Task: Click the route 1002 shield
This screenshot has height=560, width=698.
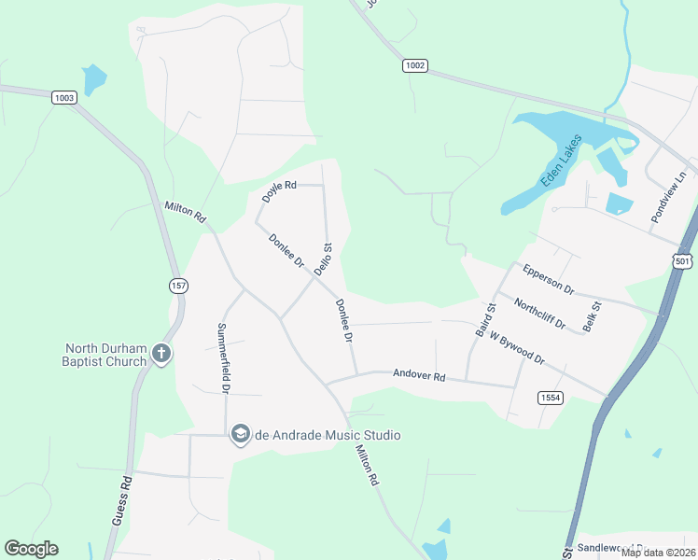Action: [415, 65]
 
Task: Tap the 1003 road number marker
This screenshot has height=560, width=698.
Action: [64, 97]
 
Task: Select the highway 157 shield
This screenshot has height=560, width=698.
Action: [177, 285]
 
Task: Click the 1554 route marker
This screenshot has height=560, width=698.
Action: [551, 398]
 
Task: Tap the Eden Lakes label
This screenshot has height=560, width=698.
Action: [561, 161]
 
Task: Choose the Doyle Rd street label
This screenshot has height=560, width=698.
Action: [278, 190]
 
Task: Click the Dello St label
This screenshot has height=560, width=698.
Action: [323, 259]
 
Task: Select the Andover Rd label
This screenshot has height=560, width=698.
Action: [419, 375]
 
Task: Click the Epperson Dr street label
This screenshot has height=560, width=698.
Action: [549, 278]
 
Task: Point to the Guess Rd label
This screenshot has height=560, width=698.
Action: [121, 501]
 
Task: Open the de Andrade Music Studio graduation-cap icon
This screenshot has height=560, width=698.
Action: [240, 435]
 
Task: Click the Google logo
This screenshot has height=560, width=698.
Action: [31, 549]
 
